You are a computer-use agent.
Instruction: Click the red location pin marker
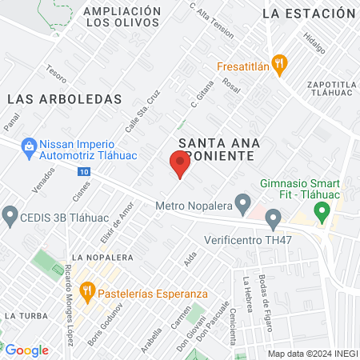[179, 164]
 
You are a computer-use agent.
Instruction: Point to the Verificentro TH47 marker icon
[274, 217]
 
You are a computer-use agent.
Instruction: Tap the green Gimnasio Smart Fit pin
[322, 213]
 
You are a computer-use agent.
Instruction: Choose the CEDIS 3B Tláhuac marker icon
[10, 214]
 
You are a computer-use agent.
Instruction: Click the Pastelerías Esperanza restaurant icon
[89, 290]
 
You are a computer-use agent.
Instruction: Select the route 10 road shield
[84, 172]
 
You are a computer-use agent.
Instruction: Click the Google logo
[26, 350]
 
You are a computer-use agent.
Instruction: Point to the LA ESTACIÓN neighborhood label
[308, 14]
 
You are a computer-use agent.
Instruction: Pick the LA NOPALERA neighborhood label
[102, 257]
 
